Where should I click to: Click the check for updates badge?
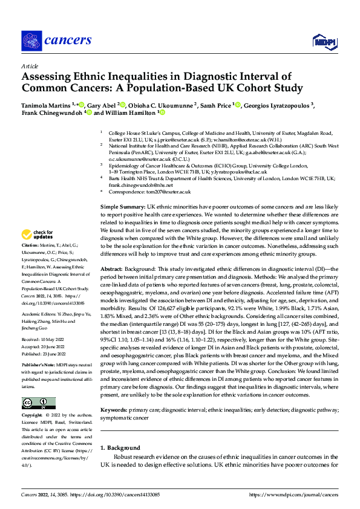point(38,235)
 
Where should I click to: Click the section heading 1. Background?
point(120,448)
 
